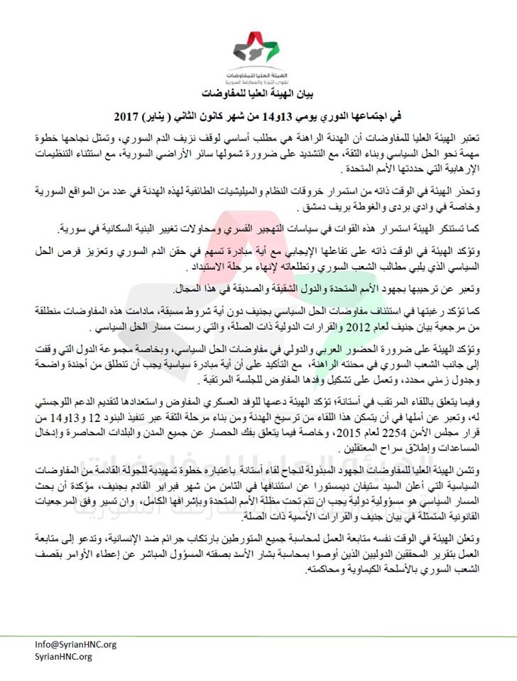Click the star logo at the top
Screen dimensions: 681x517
pos(258,48)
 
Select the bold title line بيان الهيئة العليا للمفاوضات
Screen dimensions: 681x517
pos(258,94)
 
